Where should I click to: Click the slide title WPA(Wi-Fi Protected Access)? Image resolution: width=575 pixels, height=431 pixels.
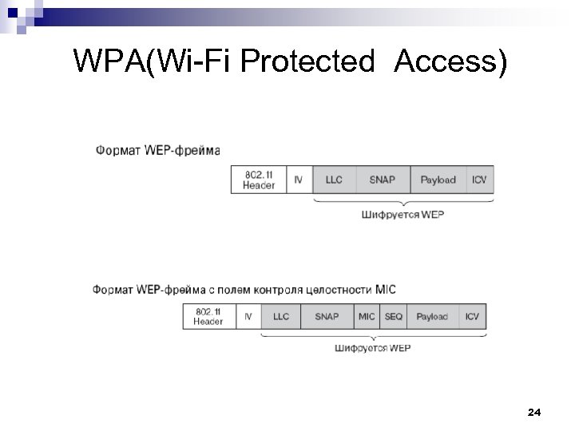pos(289,61)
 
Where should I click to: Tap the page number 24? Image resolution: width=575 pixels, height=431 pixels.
pos(534,412)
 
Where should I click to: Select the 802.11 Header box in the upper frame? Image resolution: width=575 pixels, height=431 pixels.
pos(258,180)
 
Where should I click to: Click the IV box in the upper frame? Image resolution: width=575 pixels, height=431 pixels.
pos(299,180)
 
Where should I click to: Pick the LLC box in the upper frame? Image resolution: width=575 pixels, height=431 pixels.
pos(334,180)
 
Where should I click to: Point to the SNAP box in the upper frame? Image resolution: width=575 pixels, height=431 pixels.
pos(383,180)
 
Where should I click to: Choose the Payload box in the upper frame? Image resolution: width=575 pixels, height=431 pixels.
pos(438,180)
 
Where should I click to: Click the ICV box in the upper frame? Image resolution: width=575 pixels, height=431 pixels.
pos(478,180)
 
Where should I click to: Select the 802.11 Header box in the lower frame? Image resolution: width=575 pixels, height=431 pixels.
pos(208,317)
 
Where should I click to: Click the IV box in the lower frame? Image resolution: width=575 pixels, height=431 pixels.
pos(248,317)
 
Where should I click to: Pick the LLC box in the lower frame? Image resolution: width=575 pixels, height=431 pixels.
pos(281,317)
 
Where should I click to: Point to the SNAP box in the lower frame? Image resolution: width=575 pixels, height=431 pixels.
pos(327,317)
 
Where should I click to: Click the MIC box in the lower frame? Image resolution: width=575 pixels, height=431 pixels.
pos(367,317)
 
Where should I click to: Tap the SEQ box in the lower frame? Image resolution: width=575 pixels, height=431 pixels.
pos(394,317)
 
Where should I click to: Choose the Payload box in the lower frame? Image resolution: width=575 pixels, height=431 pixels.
pos(432,317)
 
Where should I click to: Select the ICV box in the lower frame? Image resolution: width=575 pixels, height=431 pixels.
pos(472,317)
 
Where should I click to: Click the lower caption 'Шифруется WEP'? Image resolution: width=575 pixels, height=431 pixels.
pos(372,348)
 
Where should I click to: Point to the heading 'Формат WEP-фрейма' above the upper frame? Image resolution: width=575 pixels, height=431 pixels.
pos(157,149)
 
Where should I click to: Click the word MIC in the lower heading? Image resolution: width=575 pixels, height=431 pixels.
pos(385,289)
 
